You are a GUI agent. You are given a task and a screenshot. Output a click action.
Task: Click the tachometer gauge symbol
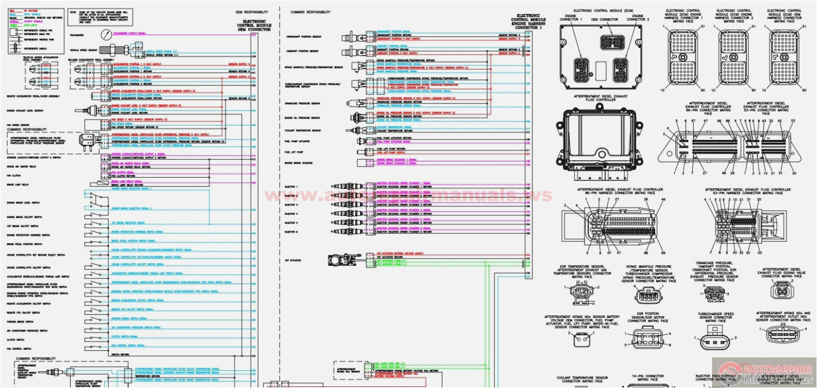(106, 34)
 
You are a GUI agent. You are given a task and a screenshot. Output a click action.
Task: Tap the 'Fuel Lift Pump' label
(294, 152)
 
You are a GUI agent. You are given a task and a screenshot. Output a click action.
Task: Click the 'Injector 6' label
(291, 232)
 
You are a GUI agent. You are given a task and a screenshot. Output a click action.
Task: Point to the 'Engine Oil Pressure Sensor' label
(302, 118)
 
